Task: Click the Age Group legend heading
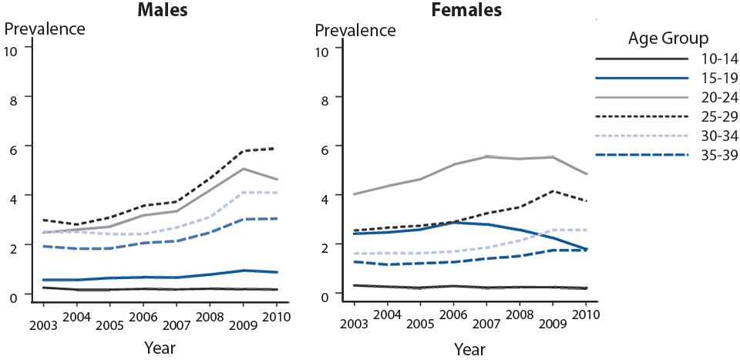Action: tap(674, 38)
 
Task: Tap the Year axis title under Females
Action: tap(469, 348)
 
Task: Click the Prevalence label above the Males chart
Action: tap(45, 29)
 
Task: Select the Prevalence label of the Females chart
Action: tap(355, 31)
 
